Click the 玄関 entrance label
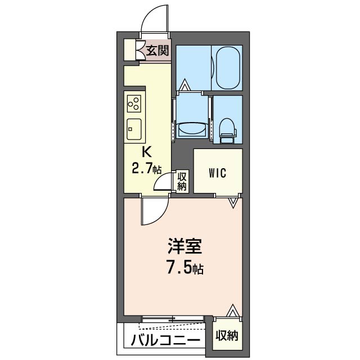point(157,51)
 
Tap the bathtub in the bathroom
point(227,66)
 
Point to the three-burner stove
point(134,104)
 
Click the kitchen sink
point(134,129)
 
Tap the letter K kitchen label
point(146,152)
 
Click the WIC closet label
point(218,173)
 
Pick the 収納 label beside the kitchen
point(182,181)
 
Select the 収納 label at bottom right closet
point(226,336)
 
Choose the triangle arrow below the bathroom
point(185,86)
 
